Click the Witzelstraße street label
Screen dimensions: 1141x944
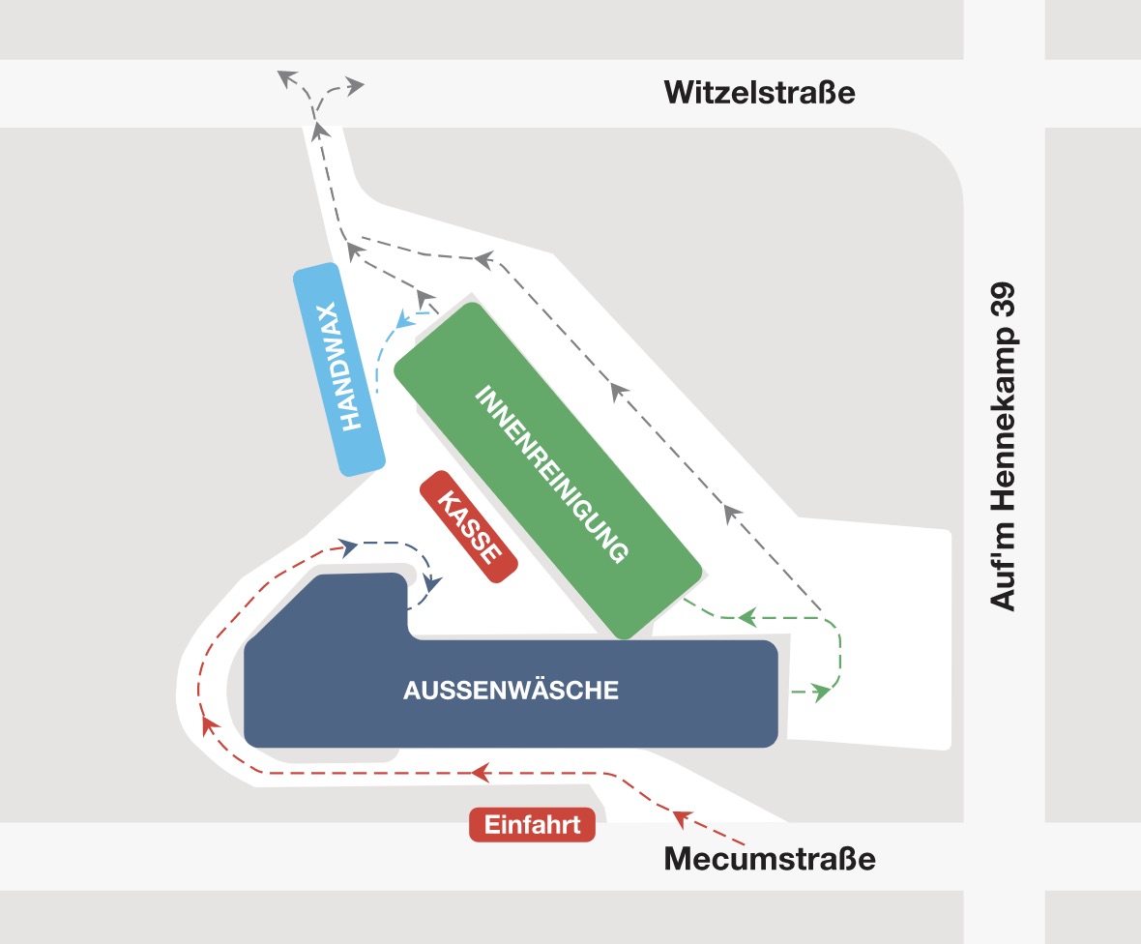[x=759, y=93]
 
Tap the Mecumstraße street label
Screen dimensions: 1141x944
[x=769, y=859]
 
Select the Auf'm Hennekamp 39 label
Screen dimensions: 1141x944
[x=1003, y=446]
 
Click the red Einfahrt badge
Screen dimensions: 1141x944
[x=532, y=825]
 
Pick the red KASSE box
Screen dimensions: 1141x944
[x=469, y=527]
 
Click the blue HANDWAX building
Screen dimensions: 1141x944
[x=339, y=369]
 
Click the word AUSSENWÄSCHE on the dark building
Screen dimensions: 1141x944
[x=511, y=690]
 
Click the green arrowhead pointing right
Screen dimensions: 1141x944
[x=822, y=693]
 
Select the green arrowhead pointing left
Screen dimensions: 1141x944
[x=747, y=618]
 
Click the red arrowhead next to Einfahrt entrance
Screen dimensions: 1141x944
[x=681, y=818]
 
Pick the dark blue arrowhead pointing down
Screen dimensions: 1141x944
[x=433, y=583]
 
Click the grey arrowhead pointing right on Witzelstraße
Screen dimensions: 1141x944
[x=355, y=86]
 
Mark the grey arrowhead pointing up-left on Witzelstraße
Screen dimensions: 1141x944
[x=287, y=77]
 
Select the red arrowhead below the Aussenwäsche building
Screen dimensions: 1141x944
[x=480, y=772]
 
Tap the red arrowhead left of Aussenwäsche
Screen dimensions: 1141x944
[x=209, y=724]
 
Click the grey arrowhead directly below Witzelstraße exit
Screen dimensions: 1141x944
[x=319, y=131]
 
